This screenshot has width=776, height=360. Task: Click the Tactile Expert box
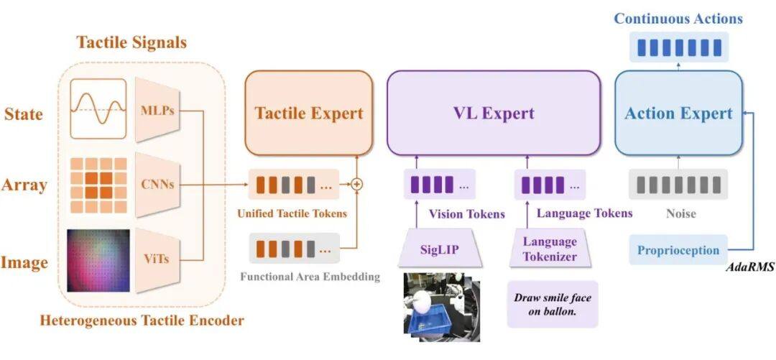309,113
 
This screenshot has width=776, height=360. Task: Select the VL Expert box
494,113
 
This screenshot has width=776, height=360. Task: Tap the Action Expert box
678,113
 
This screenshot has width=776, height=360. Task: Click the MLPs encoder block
157,110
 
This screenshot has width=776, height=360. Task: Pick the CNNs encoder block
157,185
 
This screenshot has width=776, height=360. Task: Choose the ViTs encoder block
157,259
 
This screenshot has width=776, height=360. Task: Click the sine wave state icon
98,109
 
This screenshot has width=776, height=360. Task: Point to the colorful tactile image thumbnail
98,260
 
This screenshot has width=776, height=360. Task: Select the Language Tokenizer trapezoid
550,249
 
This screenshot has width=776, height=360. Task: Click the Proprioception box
678,250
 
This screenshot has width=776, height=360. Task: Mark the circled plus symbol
357,184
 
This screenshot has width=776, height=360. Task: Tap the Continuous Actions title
678,19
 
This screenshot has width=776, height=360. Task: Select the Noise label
680,214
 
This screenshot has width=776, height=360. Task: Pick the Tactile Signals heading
131,42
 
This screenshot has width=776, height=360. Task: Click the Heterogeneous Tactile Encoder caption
142,320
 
